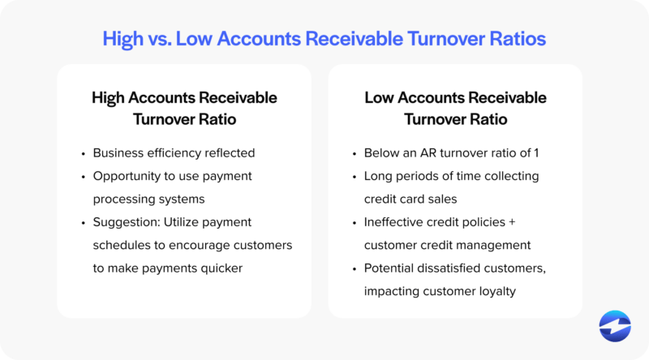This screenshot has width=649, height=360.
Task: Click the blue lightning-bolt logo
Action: coord(615,326)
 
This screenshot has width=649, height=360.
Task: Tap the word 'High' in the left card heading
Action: coord(110,98)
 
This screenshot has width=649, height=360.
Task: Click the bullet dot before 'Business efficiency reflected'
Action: coord(84,153)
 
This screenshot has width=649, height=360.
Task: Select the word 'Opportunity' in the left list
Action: coord(127,176)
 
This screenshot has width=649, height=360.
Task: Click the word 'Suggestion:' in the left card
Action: coord(127,222)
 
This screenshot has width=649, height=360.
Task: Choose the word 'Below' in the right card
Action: coord(381,152)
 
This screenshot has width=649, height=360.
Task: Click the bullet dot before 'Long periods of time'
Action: coord(355,177)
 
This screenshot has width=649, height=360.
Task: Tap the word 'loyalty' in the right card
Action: coord(494,291)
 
